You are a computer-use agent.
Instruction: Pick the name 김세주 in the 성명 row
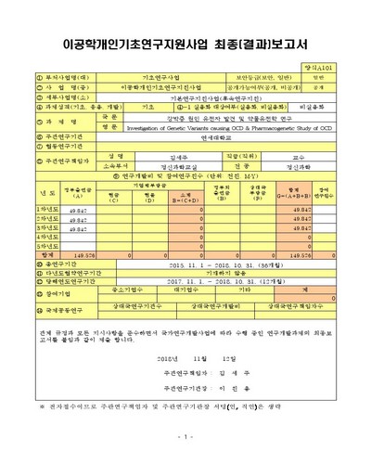point(155,158)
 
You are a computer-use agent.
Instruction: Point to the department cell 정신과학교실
point(155,168)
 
